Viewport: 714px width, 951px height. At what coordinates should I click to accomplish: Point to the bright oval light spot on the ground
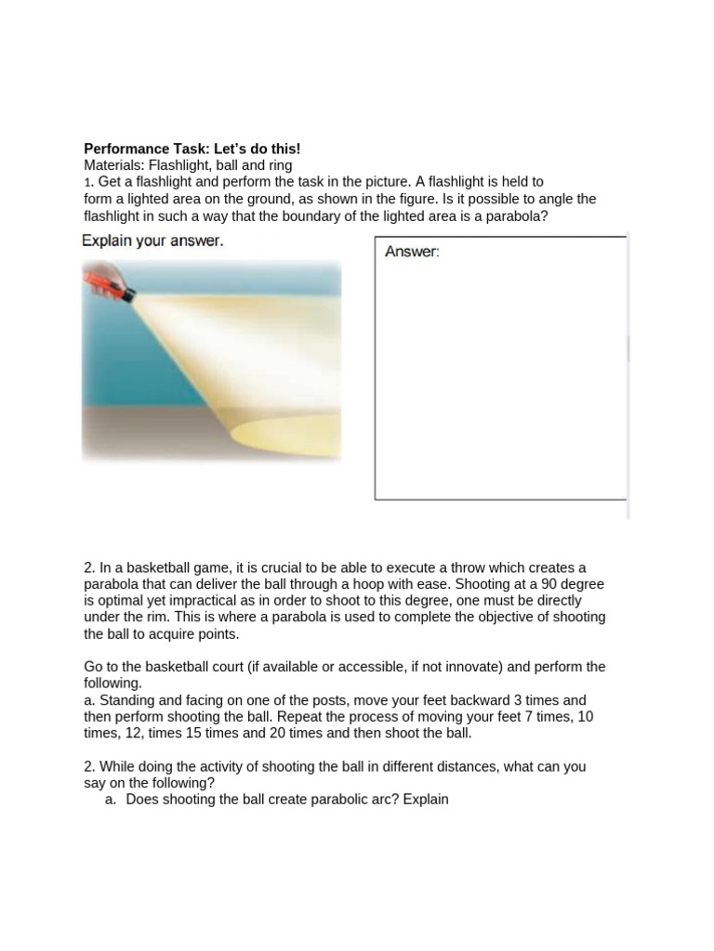284,432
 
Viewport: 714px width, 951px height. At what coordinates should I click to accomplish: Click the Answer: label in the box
412,252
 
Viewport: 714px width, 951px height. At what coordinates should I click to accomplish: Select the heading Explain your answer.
152,241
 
